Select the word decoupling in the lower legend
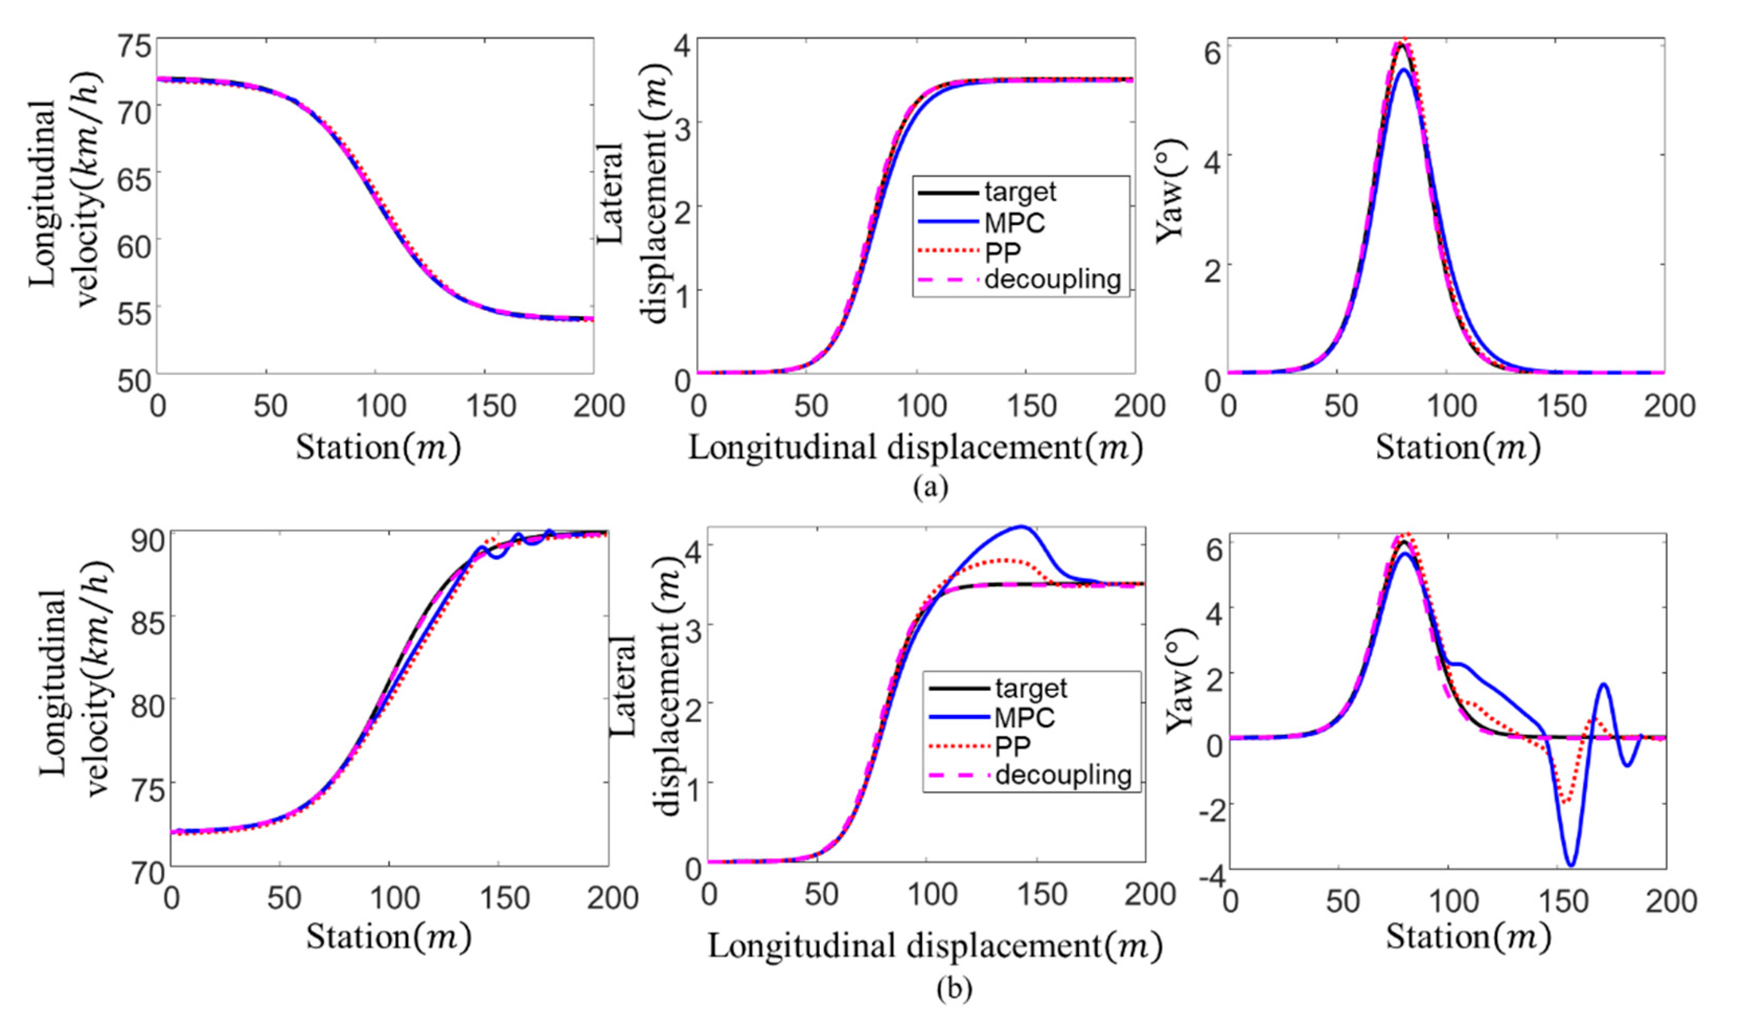click(1063, 774)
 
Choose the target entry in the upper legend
click(1020, 192)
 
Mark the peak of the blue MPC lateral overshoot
click(1021, 527)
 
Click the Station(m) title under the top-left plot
click(378, 448)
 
